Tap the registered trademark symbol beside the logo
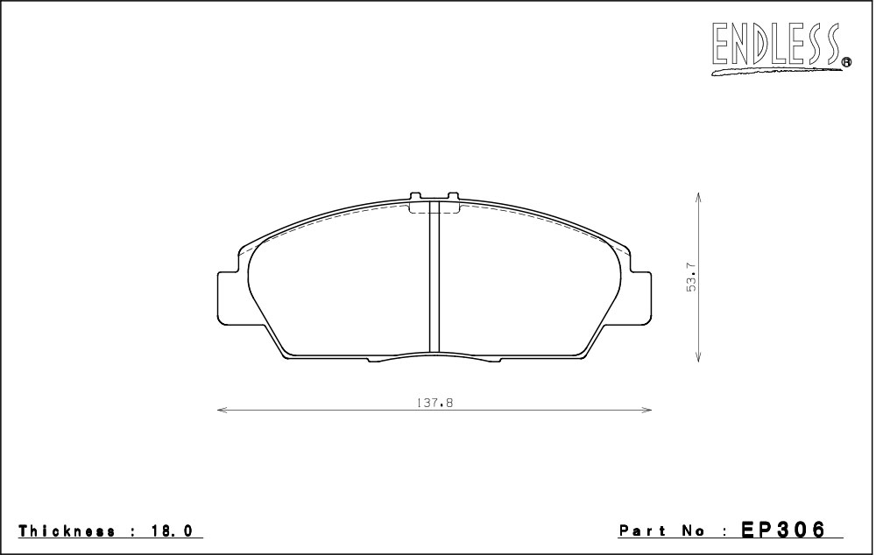coord(846,62)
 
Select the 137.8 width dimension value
coord(434,403)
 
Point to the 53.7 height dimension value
coord(692,277)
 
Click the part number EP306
coord(782,530)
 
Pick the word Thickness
coord(67,530)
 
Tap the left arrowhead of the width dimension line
coord(222,411)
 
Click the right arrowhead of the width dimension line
coord(647,411)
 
